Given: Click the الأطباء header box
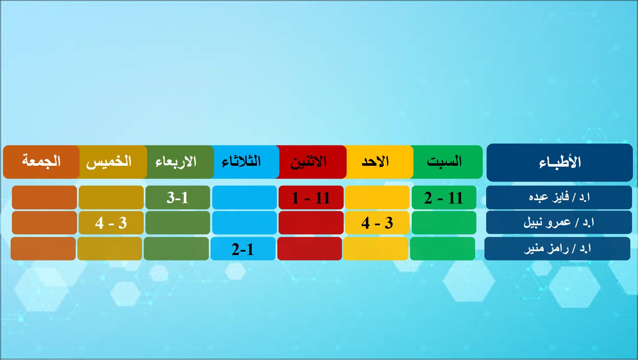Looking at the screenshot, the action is pyautogui.click(x=559, y=162).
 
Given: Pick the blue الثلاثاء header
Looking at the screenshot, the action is pyautogui.click(x=245, y=162).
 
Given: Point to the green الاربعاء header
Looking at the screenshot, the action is pyautogui.click(x=179, y=162).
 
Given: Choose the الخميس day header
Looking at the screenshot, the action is pyautogui.click(x=111, y=162).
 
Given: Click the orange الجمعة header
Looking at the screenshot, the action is pyautogui.click(x=41, y=162).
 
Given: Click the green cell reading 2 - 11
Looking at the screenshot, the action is pyautogui.click(x=444, y=198).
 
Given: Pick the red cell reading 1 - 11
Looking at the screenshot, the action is pyautogui.click(x=311, y=198).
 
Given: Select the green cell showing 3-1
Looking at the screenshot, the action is pyautogui.click(x=178, y=198).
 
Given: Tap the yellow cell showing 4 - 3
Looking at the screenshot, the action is pyautogui.click(x=377, y=223).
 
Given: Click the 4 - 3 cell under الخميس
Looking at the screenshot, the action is pyautogui.click(x=111, y=223).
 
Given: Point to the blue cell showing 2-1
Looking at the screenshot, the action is pyautogui.click(x=243, y=249).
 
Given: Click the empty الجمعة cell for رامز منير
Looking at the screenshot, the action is pyautogui.click(x=43, y=249).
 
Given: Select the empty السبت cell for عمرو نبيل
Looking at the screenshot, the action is pyautogui.click(x=444, y=223).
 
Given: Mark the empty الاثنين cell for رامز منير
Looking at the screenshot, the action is pyautogui.click(x=310, y=249).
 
